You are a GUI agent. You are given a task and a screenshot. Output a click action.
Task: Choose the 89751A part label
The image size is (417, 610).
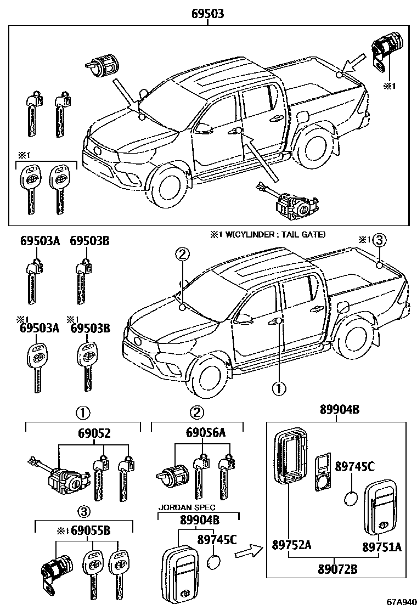(381, 546)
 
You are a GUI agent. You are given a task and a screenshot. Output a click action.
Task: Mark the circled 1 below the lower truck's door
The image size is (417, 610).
(279, 388)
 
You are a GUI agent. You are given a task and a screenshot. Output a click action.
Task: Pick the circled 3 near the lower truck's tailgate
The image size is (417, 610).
(380, 240)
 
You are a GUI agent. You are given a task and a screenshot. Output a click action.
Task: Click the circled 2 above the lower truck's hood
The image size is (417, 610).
(183, 254)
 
